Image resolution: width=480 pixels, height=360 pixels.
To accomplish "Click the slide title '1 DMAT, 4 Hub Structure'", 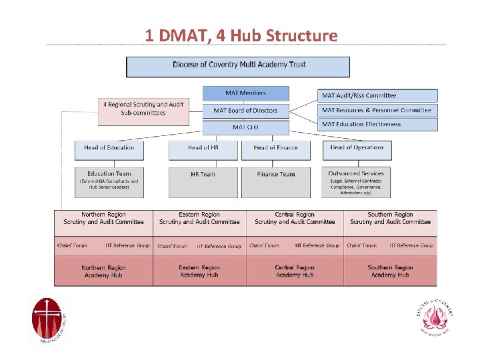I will pos(241,35).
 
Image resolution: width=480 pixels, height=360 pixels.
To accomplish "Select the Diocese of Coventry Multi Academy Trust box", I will pos(238,67).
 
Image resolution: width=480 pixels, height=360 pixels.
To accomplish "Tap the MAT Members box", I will pos(245,93).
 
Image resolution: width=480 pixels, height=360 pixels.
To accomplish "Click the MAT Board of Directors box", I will pos(245,111).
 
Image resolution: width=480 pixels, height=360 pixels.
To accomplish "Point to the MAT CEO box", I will pos(245,127).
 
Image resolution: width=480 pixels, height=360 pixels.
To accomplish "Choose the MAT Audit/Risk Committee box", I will pos(377,96).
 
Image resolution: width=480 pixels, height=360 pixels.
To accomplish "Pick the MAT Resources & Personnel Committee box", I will pos(377,111).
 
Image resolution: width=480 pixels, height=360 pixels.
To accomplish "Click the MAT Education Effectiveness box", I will pos(377,125).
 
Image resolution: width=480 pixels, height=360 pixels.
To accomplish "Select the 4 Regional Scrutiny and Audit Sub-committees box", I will pos(143,109).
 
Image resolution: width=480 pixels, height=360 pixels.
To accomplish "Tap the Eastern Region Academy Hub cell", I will pos(199,271).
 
